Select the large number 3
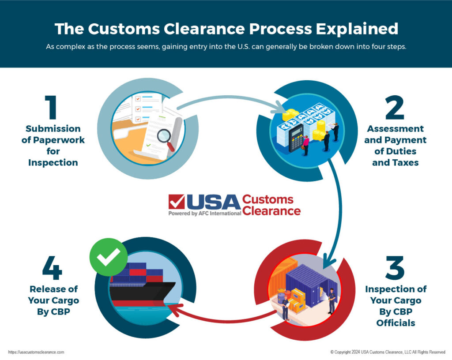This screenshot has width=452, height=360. [395, 268]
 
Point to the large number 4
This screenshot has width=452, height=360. [52, 268]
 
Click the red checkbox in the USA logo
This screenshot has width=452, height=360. [177, 202]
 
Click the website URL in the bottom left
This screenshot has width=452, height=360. [36, 352]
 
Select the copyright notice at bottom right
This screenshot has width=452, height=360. [388, 352]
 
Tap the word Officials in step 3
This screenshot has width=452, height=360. [395, 323]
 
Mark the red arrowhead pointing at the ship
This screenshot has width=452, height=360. [173, 312]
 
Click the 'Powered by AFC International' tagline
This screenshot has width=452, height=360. [204, 213]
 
